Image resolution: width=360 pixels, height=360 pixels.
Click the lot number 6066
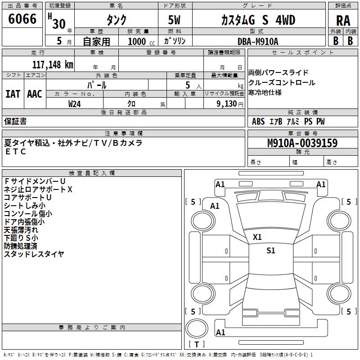point(22,19)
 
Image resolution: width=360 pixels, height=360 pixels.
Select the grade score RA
point(343,21)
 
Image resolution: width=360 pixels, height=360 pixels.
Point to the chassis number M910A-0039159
point(302,143)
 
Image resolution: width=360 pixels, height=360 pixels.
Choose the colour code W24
point(75,104)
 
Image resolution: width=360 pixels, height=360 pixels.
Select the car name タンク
point(116,20)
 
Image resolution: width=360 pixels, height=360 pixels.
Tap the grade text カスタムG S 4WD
point(258,20)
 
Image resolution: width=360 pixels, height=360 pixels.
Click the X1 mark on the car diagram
point(257,237)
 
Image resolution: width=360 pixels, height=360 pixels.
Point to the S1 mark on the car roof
point(270,251)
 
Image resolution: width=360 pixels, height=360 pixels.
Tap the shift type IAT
point(13,94)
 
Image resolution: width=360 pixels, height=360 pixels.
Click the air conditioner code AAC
point(35,94)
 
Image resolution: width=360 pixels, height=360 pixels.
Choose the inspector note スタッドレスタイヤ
point(34,254)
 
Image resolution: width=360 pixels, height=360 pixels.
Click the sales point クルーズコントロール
point(282,82)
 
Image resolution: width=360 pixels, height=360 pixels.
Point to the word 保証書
point(15,121)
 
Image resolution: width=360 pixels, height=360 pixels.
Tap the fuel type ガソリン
point(174,41)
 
